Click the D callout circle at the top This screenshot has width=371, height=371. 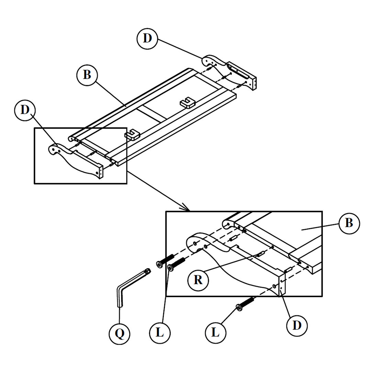click(147, 38)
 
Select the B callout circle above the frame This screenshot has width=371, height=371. click(87, 75)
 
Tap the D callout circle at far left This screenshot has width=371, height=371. click(25, 110)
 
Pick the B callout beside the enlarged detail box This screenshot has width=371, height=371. click(349, 223)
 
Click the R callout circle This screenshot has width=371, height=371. click(198, 280)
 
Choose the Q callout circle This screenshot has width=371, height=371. click(119, 333)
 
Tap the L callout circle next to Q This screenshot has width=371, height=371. click(160, 333)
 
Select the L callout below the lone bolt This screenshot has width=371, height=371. click(215, 333)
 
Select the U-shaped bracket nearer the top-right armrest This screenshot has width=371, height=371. click(188, 103)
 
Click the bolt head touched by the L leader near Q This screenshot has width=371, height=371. click(171, 268)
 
